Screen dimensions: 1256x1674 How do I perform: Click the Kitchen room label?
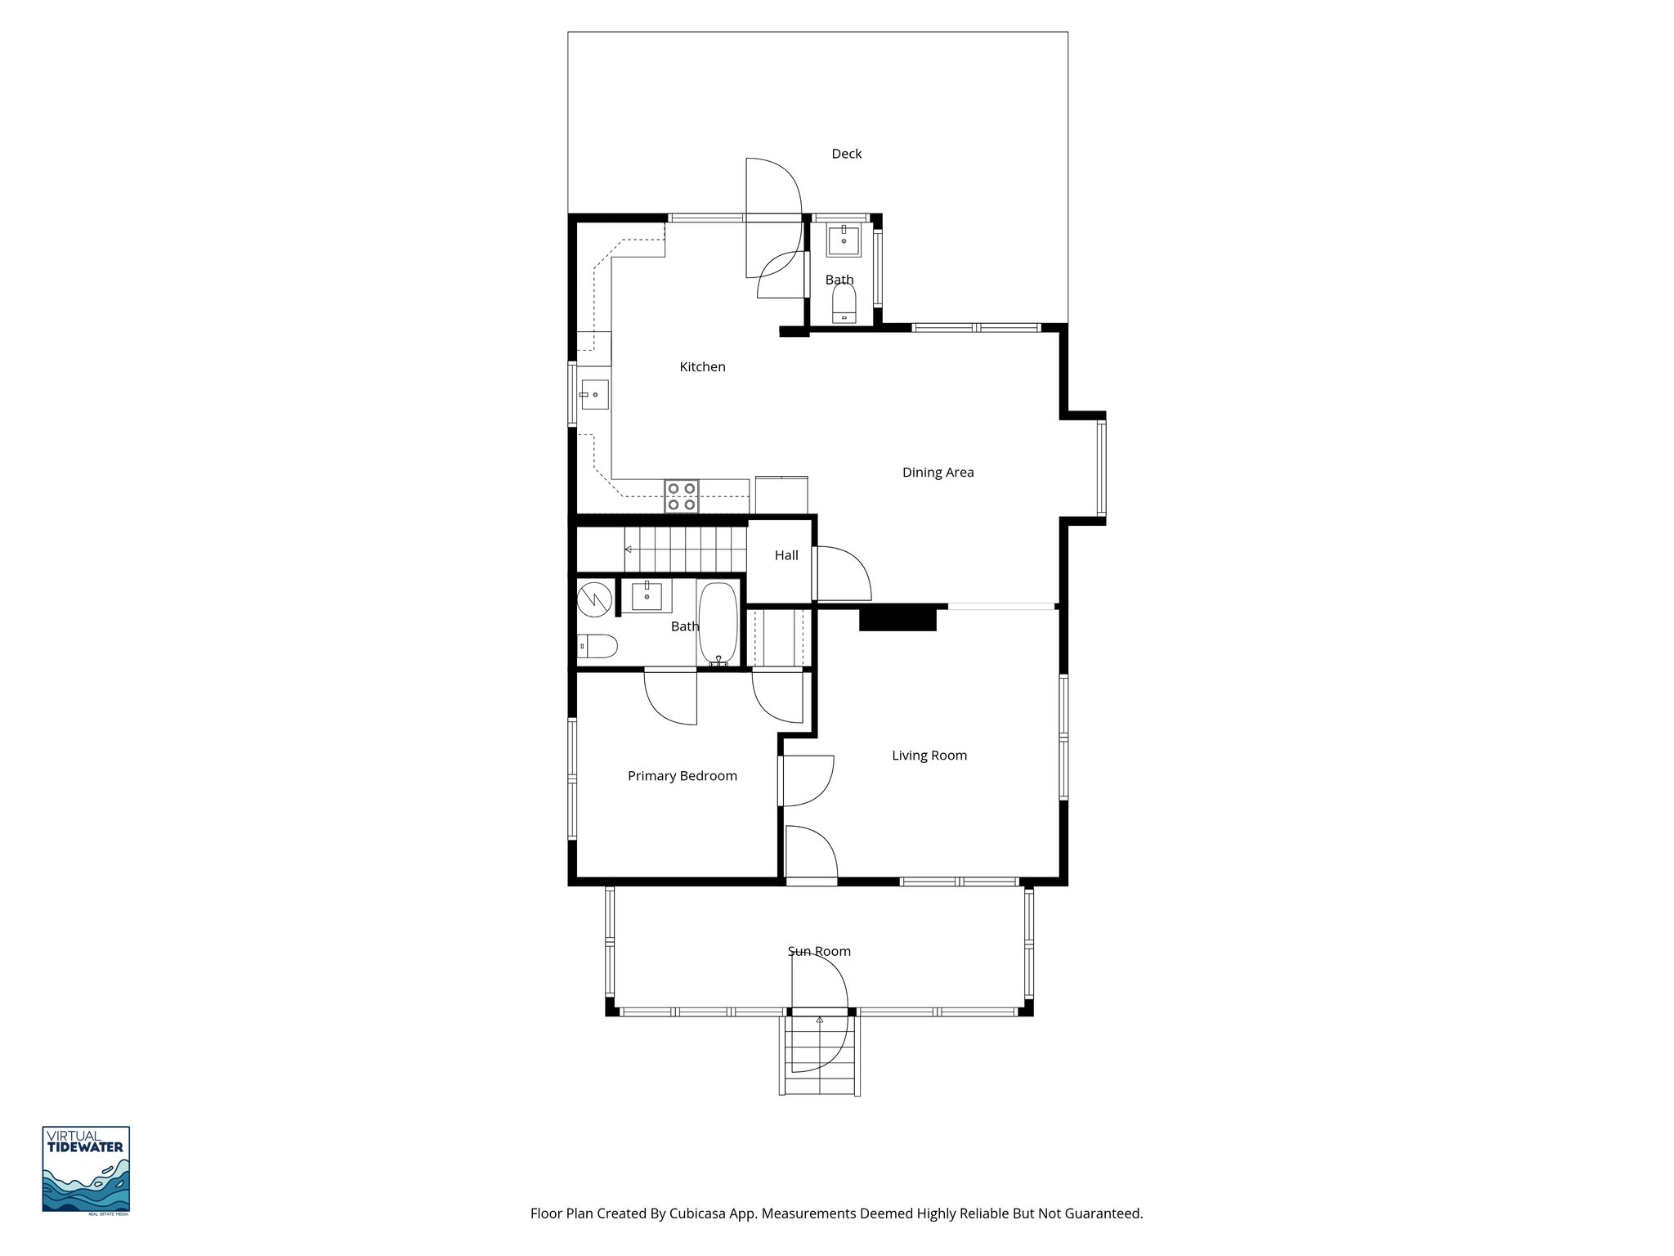pyautogui.click(x=702, y=367)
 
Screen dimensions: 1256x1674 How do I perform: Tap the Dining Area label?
pyautogui.click(x=938, y=473)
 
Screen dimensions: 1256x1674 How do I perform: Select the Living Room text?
pyautogui.click(x=929, y=756)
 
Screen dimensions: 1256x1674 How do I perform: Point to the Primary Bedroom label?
pyautogui.click(x=682, y=776)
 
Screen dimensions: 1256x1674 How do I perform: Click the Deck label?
pyautogui.click(x=846, y=154)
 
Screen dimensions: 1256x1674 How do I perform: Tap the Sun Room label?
pyautogui.click(x=819, y=951)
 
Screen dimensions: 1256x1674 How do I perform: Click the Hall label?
pyautogui.click(x=786, y=555)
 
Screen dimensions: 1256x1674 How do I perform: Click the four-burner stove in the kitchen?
pyautogui.click(x=682, y=496)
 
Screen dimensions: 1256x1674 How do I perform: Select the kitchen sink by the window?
pyautogui.click(x=594, y=395)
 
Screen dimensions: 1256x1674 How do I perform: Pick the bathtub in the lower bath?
pyautogui.click(x=718, y=624)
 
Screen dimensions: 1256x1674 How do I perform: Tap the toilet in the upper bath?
pyautogui.click(x=843, y=303)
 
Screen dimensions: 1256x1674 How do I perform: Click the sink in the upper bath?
pyautogui.click(x=843, y=241)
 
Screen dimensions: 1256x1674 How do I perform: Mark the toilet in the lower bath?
pyautogui.click(x=596, y=647)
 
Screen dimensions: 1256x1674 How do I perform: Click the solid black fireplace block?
pyautogui.click(x=897, y=618)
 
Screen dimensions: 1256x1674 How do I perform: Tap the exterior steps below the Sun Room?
pyautogui.click(x=819, y=1056)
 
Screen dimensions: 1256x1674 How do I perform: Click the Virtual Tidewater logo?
pyautogui.click(x=86, y=1170)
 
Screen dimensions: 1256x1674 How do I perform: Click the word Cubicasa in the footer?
pyautogui.click(x=698, y=1213)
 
